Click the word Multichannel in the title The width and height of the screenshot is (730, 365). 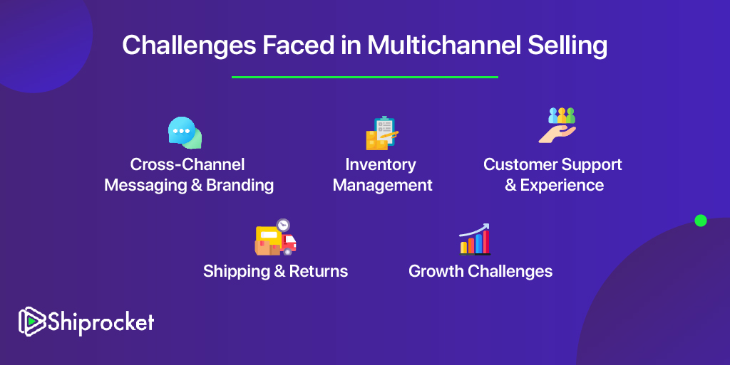[443, 45]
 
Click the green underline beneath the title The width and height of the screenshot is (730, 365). [365, 77]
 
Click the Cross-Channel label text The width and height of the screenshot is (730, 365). [187, 164]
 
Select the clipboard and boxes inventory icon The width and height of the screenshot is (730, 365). [382, 133]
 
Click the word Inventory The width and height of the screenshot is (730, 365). [381, 165]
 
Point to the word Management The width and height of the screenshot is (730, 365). [382, 185]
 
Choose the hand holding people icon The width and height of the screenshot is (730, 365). [557, 125]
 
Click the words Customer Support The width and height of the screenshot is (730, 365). [552, 164]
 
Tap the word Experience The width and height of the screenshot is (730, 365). [562, 186]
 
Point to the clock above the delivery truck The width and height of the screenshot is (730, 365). [282, 226]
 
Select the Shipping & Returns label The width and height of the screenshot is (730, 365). [276, 271]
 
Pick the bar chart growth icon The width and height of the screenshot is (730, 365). [475, 239]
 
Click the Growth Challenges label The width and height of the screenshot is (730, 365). [480, 271]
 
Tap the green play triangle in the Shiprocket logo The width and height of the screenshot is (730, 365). [32, 321]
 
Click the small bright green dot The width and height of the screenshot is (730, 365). [701, 221]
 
